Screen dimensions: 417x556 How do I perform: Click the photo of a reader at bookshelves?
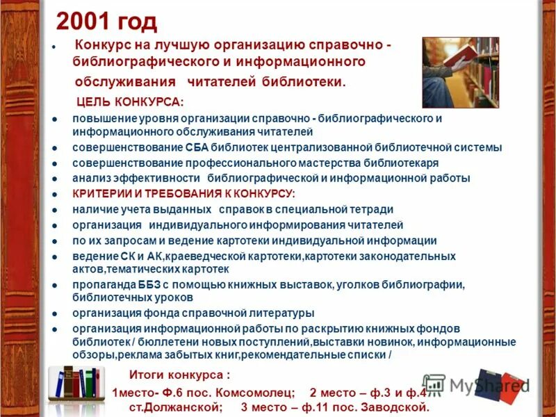pyautogui.click(x=460, y=72)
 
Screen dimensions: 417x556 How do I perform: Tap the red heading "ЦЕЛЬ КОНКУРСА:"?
pyautogui.click(x=130, y=102)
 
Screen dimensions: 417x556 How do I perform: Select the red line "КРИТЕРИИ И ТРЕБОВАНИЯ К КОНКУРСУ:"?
pyautogui.click(x=183, y=193)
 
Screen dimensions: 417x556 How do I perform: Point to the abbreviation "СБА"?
pyautogui.click(x=197, y=148)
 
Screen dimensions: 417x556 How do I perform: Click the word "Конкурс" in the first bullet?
pyautogui.click(x=106, y=44)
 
